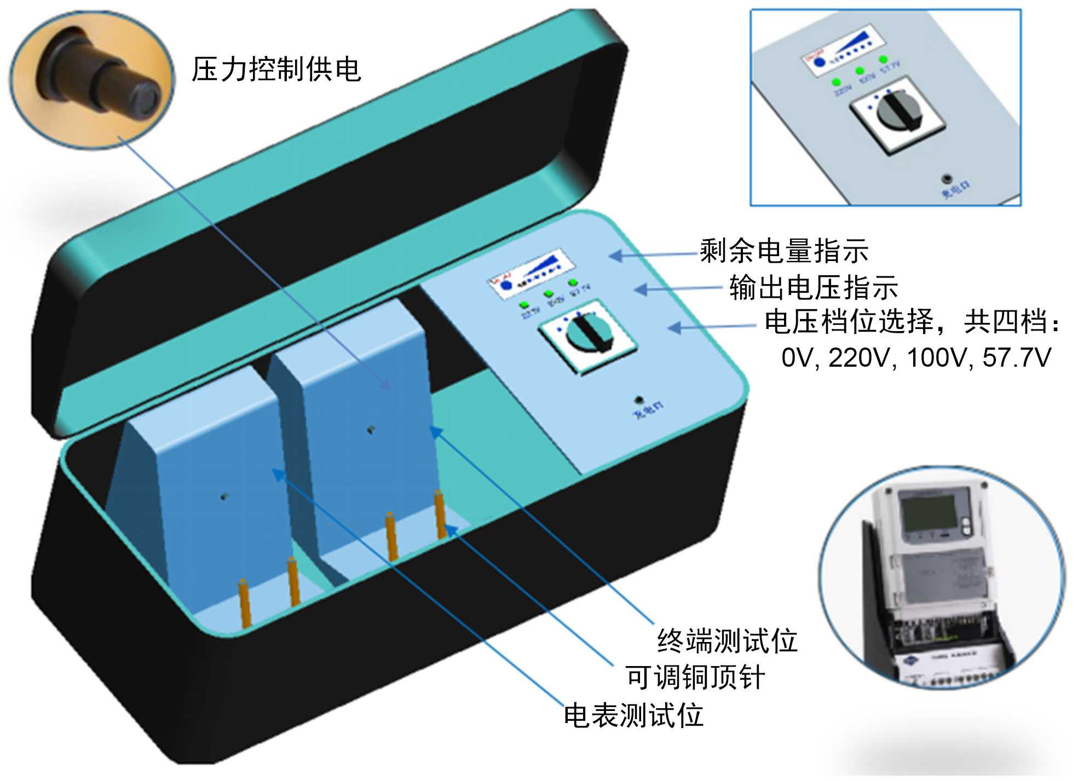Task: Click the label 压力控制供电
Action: (x=276, y=70)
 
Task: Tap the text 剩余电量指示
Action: (x=784, y=251)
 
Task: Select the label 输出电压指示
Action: (x=814, y=287)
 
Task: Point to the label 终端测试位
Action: (x=727, y=640)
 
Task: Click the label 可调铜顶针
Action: (x=695, y=678)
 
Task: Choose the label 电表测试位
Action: (x=633, y=715)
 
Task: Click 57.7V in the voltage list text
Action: (x=1017, y=358)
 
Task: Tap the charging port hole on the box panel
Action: (x=638, y=400)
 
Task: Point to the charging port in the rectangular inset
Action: (x=947, y=178)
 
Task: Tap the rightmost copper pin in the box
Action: (x=439, y=514)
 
